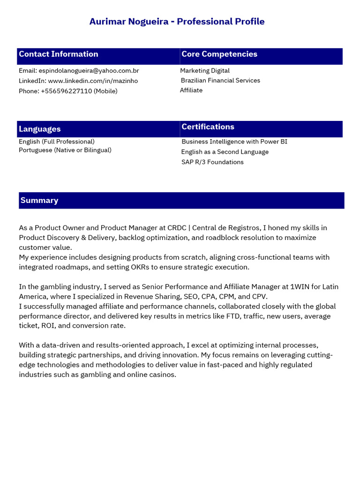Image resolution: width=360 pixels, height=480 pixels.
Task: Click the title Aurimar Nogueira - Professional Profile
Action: (177, 22)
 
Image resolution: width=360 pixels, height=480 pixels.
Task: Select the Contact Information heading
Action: (59, 54)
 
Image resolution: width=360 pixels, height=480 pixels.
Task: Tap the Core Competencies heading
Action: (219, 54)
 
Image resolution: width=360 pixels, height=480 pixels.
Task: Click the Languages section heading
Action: (40, 129)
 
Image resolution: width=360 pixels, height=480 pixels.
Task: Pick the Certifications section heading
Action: (208, 127)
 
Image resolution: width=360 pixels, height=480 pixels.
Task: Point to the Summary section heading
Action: (39, 200)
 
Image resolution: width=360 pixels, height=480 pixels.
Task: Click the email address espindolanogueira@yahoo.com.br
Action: (89, 71)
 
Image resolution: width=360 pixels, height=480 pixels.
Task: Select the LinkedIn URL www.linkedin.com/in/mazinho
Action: (93, 81)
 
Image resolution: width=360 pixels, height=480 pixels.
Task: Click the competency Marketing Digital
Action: (205, 71)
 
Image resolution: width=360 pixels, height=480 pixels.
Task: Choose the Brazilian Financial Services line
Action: (220, 81)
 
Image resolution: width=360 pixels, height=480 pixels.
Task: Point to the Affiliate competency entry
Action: (191, 90)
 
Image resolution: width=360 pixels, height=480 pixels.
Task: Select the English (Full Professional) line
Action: (57, 142)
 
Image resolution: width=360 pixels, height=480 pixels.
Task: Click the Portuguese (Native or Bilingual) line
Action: (65, 150)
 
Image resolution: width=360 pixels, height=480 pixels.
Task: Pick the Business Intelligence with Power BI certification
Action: (234, 142)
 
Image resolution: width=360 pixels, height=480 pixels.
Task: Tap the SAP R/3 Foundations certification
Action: (212, 162)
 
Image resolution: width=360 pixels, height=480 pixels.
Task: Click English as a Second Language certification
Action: (225, 152)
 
